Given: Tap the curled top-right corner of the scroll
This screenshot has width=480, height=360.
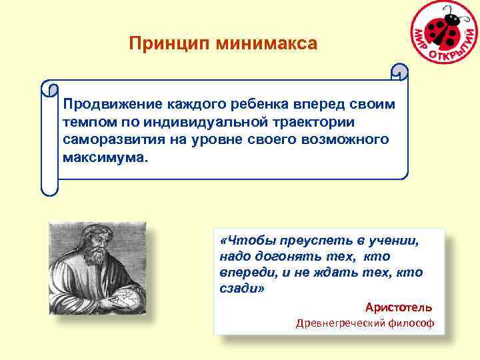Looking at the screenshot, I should (399, 71).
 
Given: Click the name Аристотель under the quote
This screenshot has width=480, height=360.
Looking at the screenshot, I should (398, 307).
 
